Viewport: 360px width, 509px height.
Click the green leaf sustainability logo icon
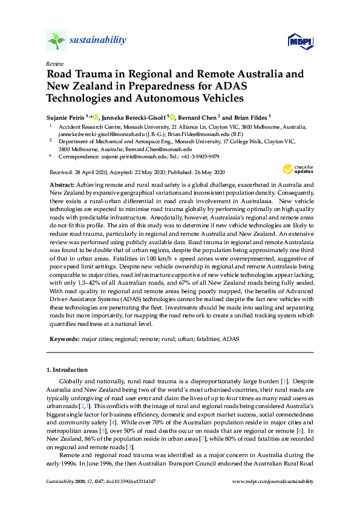56,41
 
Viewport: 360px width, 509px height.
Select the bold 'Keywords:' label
63,340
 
